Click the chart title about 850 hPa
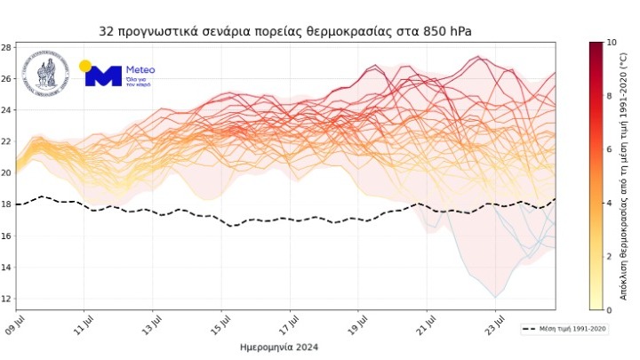pos(285,32)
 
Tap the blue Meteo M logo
pos(103,76)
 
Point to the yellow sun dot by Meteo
pos(85,66)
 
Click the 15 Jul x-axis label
pos(223,321)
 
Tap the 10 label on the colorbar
pos(610,42)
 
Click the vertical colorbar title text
pos(626,176)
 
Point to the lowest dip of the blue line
pos(495,297)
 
